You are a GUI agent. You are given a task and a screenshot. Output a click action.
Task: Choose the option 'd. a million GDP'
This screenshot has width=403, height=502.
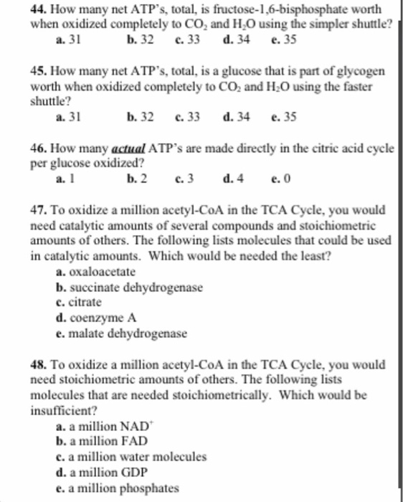click(x=100, y=472)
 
